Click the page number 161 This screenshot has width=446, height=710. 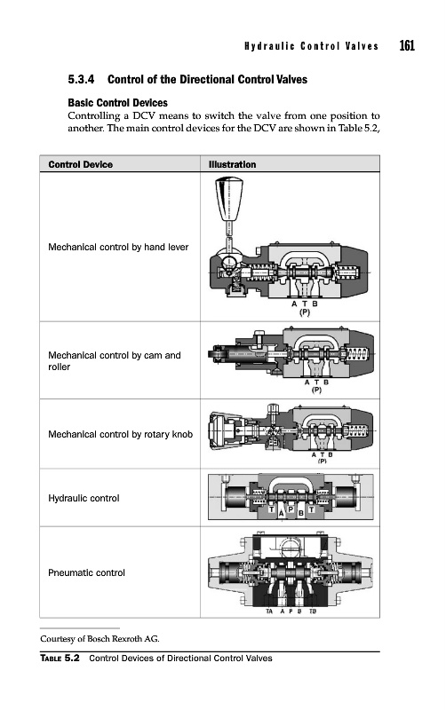(407, 46)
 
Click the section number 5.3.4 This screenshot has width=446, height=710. (81, 80)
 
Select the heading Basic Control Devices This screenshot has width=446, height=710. (118, 103)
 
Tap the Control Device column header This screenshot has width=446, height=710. (81, 164)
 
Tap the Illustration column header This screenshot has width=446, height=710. (232, 164)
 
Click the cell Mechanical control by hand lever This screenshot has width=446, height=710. (118, 248)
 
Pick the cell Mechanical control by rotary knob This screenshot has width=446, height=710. (121, 435)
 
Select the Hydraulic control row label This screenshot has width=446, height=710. (84, 498)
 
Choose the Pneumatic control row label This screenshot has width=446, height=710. (86, 572)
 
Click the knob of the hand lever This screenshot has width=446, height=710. (229, 199)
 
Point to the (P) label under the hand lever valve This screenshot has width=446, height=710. (305, 312)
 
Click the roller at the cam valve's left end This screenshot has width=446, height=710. (217, 353)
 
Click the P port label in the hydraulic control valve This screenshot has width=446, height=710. (291, 509)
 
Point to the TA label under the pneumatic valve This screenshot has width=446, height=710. (269, 611)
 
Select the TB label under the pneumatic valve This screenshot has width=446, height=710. (313, 611)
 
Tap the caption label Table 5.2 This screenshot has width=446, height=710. (60, 658)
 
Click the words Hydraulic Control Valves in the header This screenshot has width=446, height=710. (311, 46)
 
